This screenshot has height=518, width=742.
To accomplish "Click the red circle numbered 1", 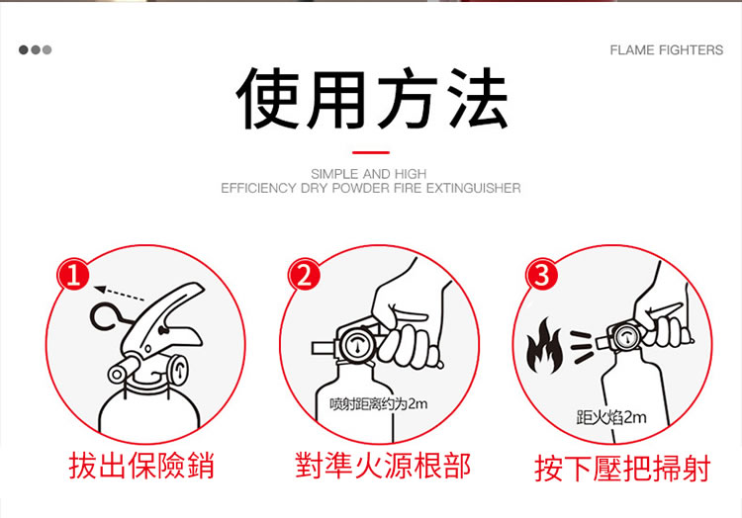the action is (x=73, y=274).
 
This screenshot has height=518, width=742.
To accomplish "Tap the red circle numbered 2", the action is (x=304, y=275).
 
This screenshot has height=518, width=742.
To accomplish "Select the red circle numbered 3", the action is (x=542, y=275).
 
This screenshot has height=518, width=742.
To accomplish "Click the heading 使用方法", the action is (x=371, y=98).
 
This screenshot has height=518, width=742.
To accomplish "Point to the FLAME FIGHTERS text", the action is (x=666, y=50).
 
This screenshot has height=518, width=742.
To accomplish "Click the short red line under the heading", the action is (x=371, y=152).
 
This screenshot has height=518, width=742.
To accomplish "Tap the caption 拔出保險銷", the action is (x=141, y=466).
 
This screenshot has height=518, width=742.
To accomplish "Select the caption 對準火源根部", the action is (x=382, y=466).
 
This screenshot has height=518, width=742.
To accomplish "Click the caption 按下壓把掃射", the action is (x=622, y=469).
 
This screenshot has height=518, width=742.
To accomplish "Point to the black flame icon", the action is (x=545, y=345).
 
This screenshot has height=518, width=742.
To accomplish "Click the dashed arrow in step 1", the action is (x=120, y=293).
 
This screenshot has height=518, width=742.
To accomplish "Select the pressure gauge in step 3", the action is (x=626, y=337).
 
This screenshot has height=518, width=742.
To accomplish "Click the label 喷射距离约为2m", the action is (x=379, y=404).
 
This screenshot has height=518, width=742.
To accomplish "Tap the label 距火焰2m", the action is (x=611, y=417).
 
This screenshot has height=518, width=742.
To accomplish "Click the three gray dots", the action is (x=35, y=49).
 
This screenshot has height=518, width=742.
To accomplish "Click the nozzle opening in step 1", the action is (x=117, y=375).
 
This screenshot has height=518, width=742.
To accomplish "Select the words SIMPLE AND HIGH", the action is (x=369, y=174).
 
